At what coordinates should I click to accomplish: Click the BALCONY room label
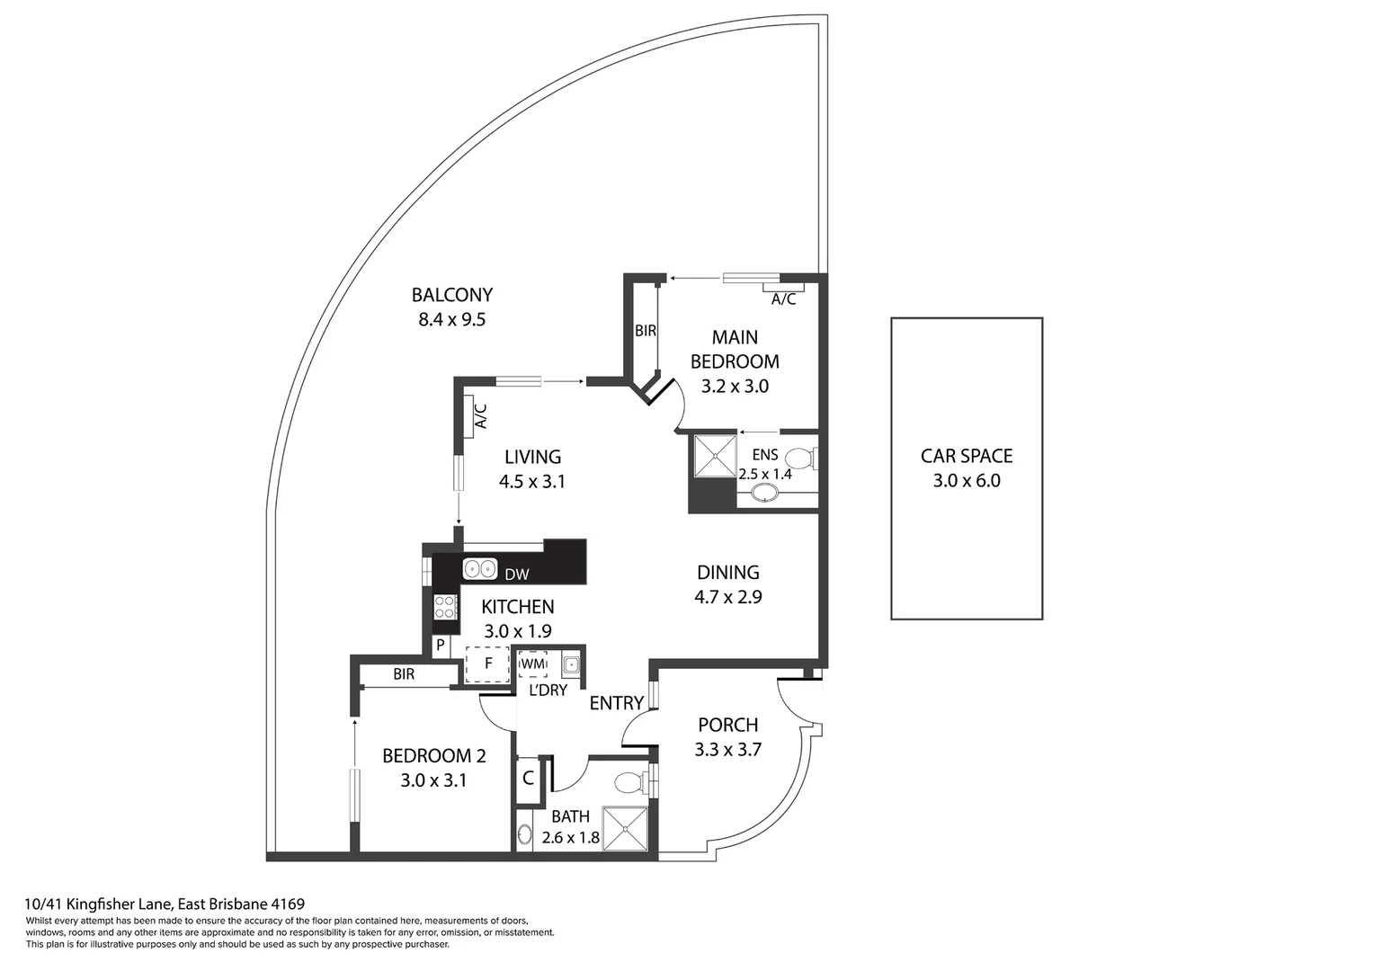click(x=451, y=295)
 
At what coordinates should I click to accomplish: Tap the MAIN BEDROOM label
click(x=735, y=349)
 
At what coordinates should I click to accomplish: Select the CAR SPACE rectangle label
click(x=967, y=456)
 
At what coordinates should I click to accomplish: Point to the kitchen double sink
click(x=480, y=569)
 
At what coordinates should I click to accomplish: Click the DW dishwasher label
click(x=516, y=575)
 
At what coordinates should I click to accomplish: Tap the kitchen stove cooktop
click(x=445, y=607)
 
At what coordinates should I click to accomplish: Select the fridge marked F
click(x=488, y=664)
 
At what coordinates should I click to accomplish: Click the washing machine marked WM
click(x=533, y=664)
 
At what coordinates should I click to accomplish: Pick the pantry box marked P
click(x=441, y=645)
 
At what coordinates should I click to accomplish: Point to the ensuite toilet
click(x=799, y=459)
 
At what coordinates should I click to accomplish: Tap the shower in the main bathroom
click(x=625, y=828)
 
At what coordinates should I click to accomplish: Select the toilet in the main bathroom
click(x=633, y=780)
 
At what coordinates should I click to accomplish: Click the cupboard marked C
click(x=528, y=779)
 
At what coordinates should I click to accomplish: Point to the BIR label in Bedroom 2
click(x=404, y=673)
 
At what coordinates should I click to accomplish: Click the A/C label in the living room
click(x=481, y=415)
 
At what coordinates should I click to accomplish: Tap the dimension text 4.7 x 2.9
click(x=727, y=596)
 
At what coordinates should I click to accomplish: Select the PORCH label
click(x=727, y=725)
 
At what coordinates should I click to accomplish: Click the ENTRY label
click(x=616, y=703)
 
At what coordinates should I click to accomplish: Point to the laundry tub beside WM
click(x=571, y=665)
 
